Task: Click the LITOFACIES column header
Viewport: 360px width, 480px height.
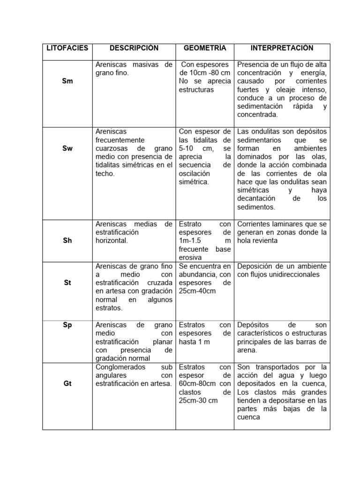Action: [x=67, y=48]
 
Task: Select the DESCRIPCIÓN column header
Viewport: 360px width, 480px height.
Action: [x=134, y=48]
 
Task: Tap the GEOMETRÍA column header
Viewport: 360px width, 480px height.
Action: [x=205, y=48]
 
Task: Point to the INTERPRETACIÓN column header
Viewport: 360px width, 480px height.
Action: [x=282, y=48]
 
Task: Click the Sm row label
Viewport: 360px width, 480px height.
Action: [x=67, y=81]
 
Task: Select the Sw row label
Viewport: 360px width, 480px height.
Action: [x=67, y=149]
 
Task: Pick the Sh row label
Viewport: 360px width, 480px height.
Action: [x=67, y=240]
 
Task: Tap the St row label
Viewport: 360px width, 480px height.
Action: [x=67, y=283]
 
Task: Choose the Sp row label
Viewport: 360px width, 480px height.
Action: [x=67, y=325]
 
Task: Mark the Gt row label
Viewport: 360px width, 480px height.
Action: [x=67, y=383]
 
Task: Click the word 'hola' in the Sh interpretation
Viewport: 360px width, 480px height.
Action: [x=245, y=240]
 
